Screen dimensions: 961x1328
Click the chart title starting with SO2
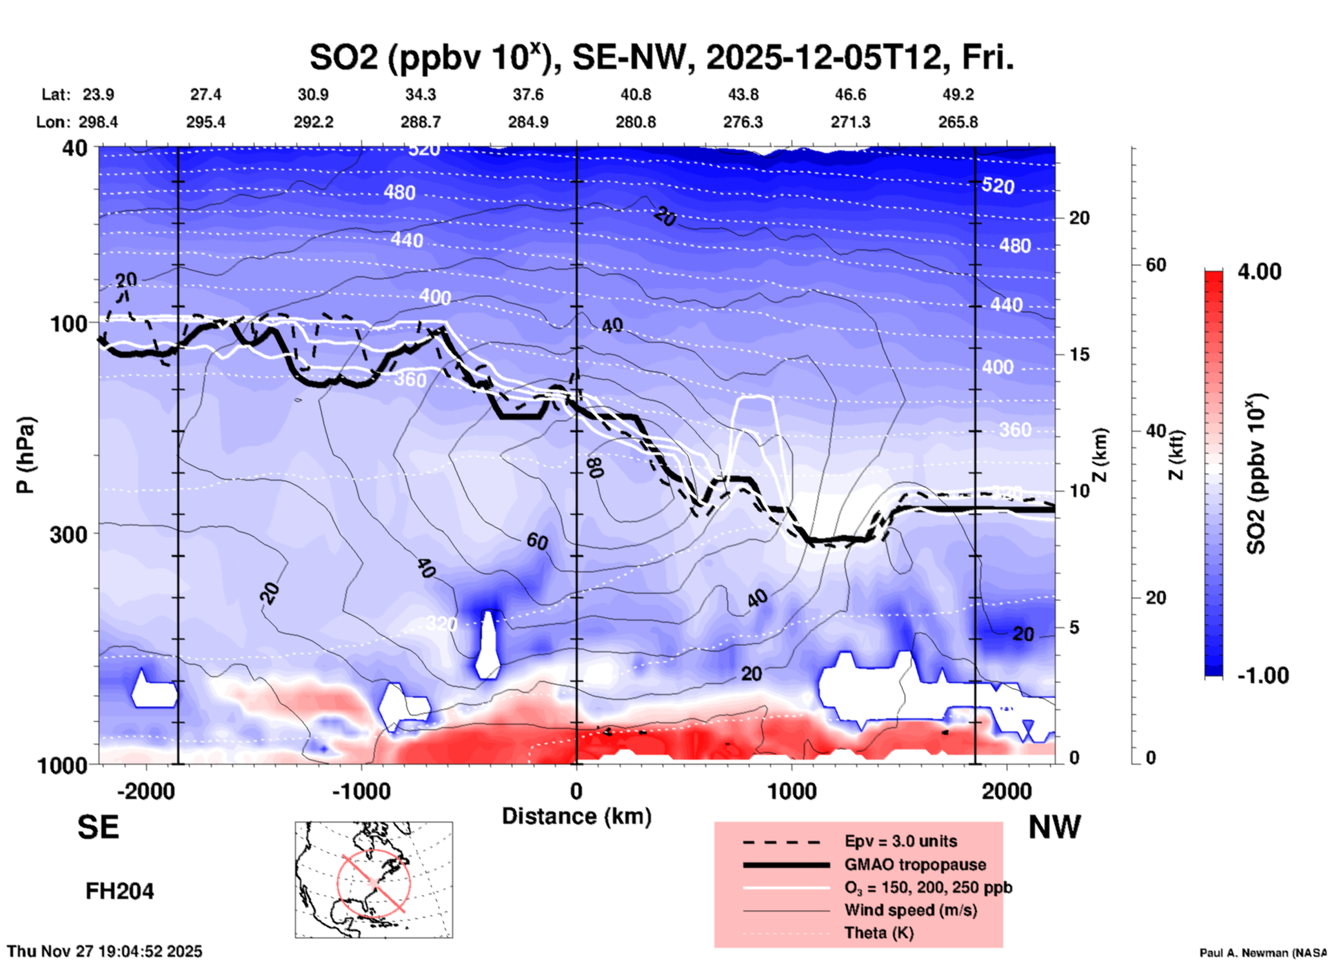pyautogui.click(x=661, y=58)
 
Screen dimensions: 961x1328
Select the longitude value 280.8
pyautogui.click(x=635, y=123)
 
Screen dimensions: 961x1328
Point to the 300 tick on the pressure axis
pyautogui.click(x=69, y=534)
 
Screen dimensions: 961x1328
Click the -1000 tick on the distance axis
pyautogui.click(x=361, y=791)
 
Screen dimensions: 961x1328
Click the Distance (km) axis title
pyautogui.click(x=576, y=816)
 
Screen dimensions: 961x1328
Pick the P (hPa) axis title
pyautogui.click(x=26, y=455)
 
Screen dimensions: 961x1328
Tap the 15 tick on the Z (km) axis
pyautogui.click(x=1079, y=354)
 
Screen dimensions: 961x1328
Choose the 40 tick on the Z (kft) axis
pyautogui.click(x=1156, y=432)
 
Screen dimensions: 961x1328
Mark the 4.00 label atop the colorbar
pyautogui.click(x=1259, y=272)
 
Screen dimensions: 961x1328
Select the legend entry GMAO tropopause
pyautogui.click(x=915, y=864)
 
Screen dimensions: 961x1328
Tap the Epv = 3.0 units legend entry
pyautogui.click(x=901, y=841)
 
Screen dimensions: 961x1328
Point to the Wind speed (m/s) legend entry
pyautogui.click(x=910, y=910)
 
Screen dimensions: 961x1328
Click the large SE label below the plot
pyautogui.click(x=98, y=827)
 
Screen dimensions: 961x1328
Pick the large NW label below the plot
pyautogui.click(x=1054, y=827)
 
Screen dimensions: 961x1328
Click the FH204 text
pyautogui.click(x=119, y=891)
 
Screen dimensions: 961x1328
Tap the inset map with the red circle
pyautogui.click(x=374, y=880)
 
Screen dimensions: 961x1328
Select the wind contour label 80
pyautogui.click(x=596, y=467)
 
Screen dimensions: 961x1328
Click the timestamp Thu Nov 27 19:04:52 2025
pyautogui.click(x=105, y=951)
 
